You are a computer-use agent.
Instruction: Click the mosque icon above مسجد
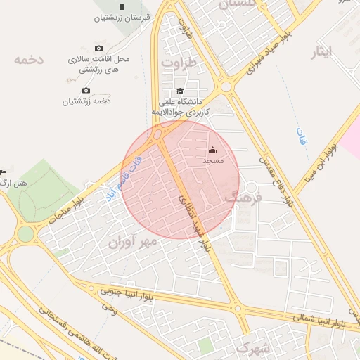click(x=212, y=150)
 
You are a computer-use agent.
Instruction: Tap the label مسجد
click(x=212, y=162)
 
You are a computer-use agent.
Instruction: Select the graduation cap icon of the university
click(x=180, y=91)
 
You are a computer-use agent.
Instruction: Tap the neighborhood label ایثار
click(x=327, y=53)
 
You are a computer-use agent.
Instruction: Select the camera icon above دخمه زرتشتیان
click(x=86, y=90)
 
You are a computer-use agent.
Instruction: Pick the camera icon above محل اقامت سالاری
click(x=98, y=48)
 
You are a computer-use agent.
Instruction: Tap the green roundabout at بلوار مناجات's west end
click(x=26, y=233)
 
